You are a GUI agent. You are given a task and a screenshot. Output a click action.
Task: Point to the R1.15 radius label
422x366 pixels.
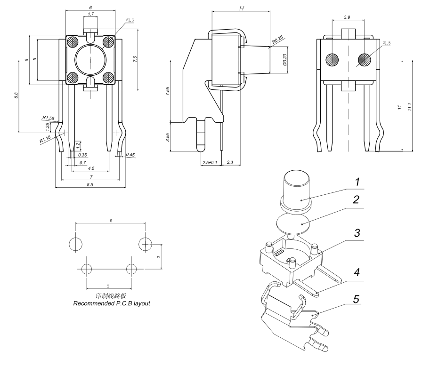click(x=45, y=139)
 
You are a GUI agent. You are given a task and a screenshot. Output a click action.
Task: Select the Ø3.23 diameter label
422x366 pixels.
click(x=284, y=59)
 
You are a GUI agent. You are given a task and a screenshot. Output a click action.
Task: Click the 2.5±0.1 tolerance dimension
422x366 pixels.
click(x=209, y=162)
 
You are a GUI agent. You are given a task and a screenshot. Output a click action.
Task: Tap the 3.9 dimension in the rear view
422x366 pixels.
click(x=347, y=17)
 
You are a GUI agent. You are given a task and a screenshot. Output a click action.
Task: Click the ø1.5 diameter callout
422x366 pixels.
click(x=386, y=43)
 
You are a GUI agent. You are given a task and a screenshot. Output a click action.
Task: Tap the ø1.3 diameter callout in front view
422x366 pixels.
click(x=130, y=20)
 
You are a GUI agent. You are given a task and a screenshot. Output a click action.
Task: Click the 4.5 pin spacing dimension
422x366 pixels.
click(x=91, y=168)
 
